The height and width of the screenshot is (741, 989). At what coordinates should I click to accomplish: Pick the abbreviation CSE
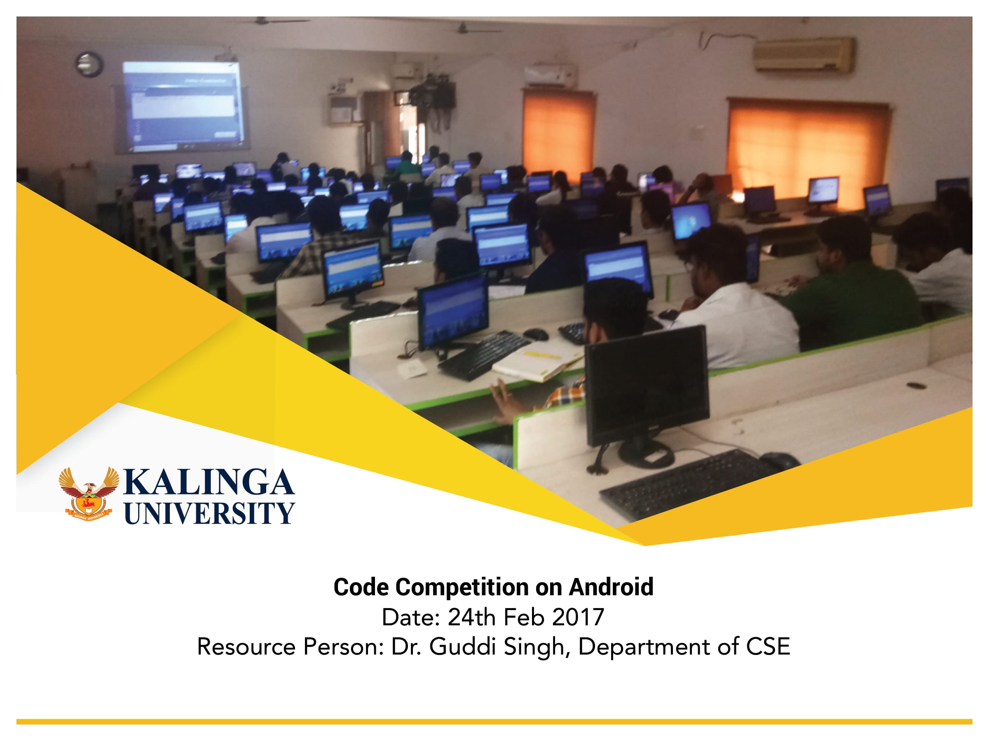[768, 647]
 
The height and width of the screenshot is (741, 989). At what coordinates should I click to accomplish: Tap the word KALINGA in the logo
[209, 482]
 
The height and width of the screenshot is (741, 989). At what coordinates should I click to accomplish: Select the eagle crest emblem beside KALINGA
[89, 494]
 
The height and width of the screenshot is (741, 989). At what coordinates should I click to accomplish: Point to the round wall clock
[89, 64]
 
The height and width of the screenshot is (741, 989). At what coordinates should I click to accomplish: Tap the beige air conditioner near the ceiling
[804, 54]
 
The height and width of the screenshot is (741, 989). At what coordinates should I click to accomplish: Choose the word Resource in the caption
[246, 647]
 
